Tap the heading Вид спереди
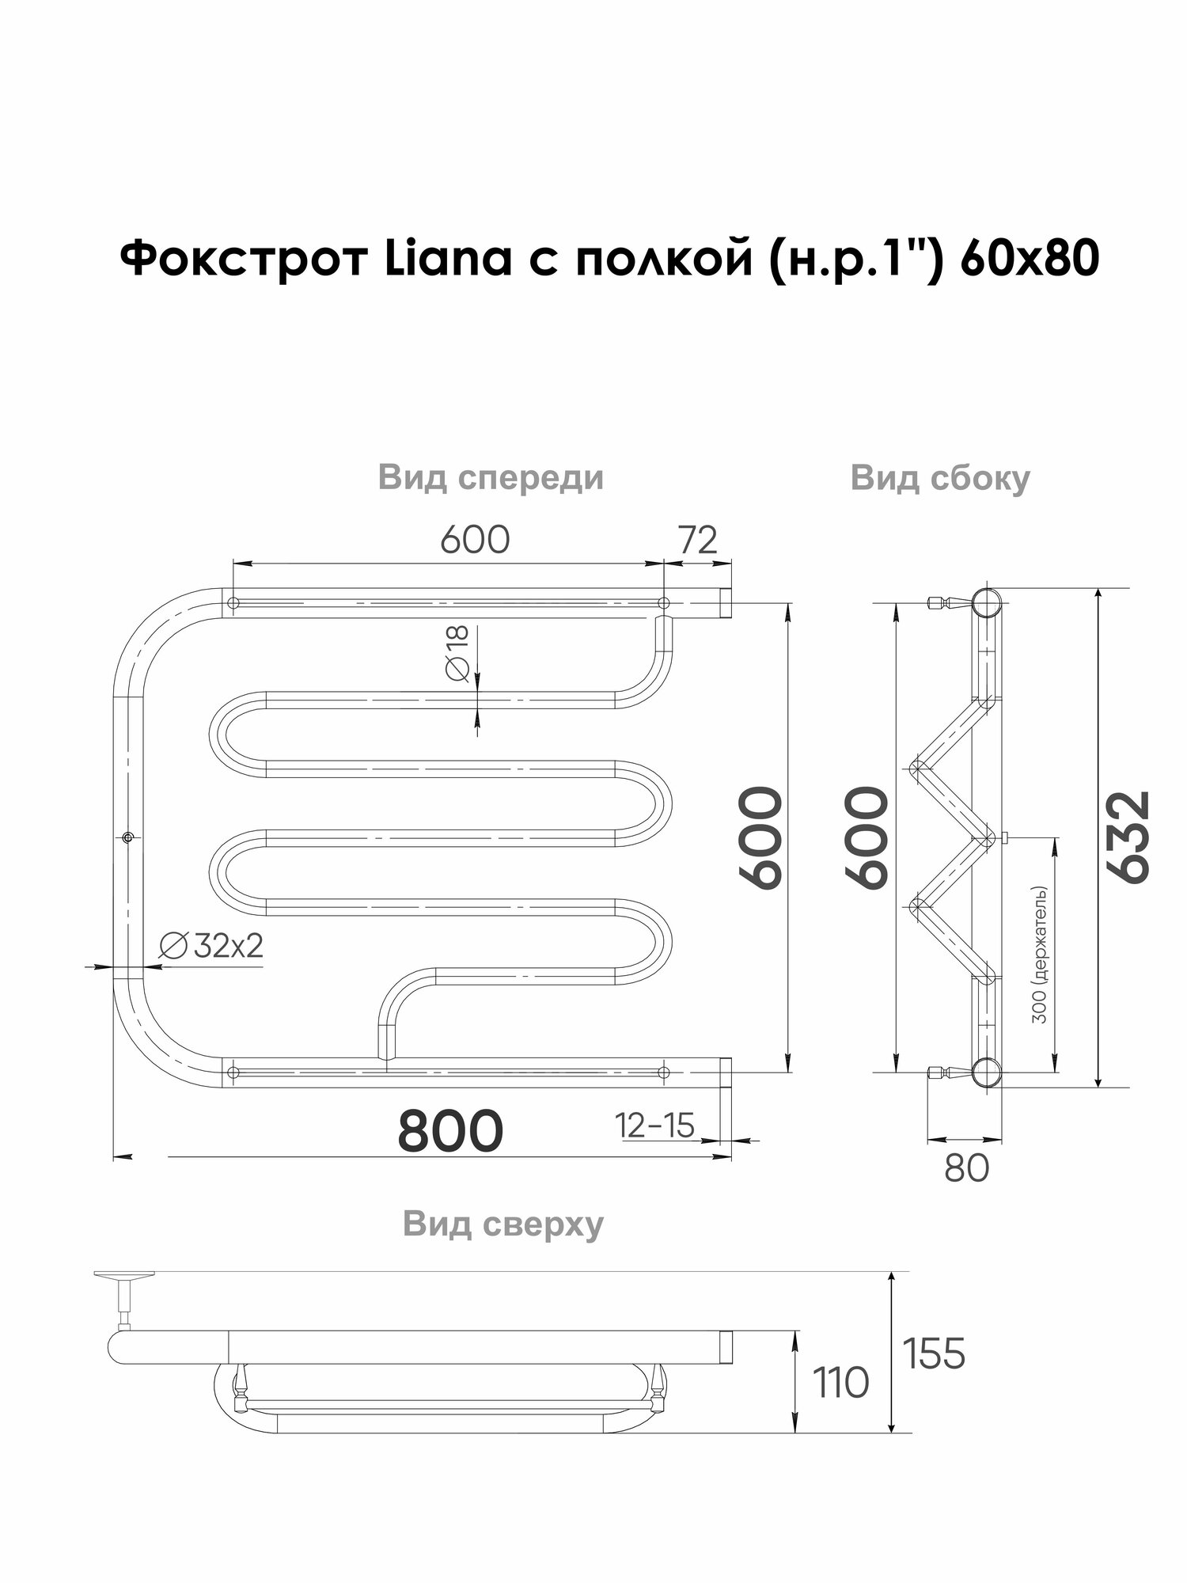(x=491, y=478)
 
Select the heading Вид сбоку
(x=940, y=478)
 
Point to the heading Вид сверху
(x=503, y=1224)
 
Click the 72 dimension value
(x=697, y=540)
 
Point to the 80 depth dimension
(x=966, y=1168)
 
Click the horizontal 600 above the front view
(x=475, y=540)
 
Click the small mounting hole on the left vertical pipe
(x=128, y=837)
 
